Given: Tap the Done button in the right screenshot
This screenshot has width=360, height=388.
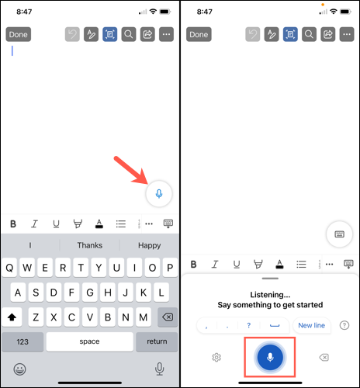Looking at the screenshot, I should tap(199, 34).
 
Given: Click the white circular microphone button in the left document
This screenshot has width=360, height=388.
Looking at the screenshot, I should tap(159, 193).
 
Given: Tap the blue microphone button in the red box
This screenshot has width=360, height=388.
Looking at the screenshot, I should tap(270, 357).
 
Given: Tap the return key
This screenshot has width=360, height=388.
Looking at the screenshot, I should tap(157, 341).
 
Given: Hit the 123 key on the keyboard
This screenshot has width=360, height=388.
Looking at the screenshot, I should tap(22, 341).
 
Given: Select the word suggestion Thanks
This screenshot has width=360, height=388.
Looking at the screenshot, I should tap(90, 245).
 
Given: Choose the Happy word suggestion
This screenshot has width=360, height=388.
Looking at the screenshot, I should tap(149, 245).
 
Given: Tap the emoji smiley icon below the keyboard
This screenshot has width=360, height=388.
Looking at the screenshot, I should tap(19, 368).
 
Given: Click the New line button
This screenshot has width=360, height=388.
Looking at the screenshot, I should tap(311, 325).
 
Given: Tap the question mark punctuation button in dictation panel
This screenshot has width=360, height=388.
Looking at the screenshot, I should tap(249, 325).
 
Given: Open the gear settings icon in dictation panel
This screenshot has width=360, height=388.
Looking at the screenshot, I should tap(216, 357).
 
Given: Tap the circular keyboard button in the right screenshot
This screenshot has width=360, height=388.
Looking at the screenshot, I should tap(339, 234).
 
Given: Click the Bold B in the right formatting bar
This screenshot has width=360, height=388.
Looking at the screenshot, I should tap(194, 265).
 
